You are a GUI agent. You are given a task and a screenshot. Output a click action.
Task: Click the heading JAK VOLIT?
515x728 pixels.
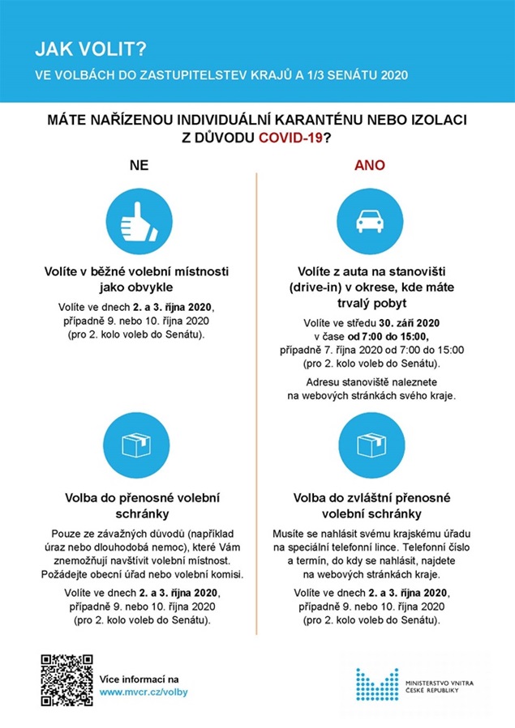(x=90, y=50)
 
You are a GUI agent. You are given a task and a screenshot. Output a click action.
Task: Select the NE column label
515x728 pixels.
(x=139, y=165)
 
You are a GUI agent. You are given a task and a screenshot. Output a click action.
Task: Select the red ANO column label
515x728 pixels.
(x=369, y=165)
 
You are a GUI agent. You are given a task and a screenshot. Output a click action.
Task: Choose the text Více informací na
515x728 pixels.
(x=139, y=679)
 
